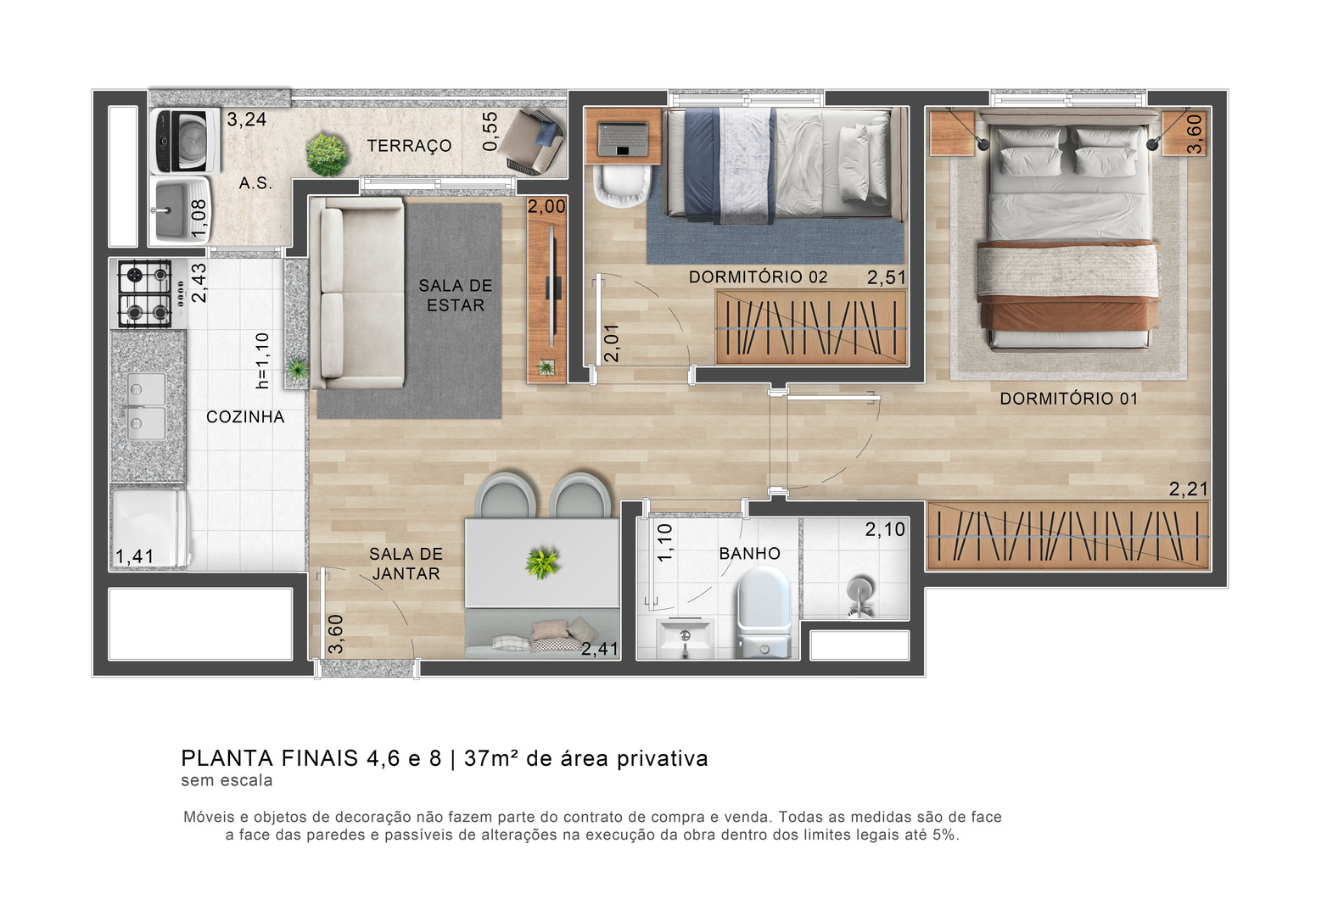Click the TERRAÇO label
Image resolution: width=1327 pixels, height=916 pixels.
coord(409,146)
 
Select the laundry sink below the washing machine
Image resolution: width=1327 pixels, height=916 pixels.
coord(180,210)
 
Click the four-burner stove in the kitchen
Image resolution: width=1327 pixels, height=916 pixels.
coord(145,293)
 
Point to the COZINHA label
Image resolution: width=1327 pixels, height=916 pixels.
coord(245,416)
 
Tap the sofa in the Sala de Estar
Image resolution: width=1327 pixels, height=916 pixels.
coord(357,293)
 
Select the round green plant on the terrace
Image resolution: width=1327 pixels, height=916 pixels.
coord(327,154)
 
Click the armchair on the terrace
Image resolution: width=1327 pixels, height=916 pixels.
coord(531,142)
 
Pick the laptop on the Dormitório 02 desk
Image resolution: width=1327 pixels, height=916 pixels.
coord(623,139)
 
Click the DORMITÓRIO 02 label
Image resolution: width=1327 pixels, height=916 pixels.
coord(758,277)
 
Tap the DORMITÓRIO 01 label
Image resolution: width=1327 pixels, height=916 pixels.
coord(1069,399)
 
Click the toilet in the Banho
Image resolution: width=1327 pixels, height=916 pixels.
coord(764,612)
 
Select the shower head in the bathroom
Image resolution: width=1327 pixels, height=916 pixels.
coord(859,594)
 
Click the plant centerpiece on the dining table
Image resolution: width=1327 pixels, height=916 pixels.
coord(542,562)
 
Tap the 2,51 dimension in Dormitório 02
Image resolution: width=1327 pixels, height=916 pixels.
coord(887,277)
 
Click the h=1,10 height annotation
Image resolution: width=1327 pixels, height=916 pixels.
coord(262,360)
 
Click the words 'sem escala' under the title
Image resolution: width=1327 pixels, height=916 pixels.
coord(227,780)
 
